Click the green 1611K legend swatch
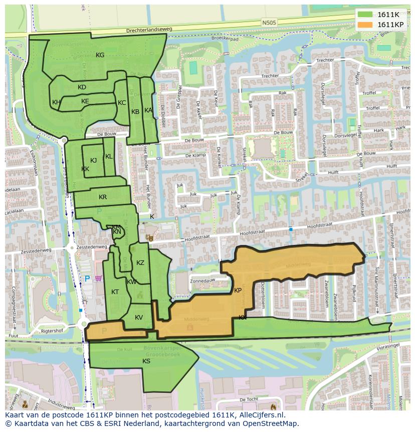tap(365, 15)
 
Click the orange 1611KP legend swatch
tap(365, 25)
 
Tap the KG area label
tap(100, 55)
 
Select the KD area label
tap(82, 87)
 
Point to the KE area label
tap(85, 101)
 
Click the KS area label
tap(146, 361)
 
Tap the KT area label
tap(115, 292)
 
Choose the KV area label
tap(139, 318)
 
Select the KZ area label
tap(140, 263)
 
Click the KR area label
tap(103, 197)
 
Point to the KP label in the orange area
tap(238, 291)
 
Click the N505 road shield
tap(269, 23)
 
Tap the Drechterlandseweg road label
tap(149, 30)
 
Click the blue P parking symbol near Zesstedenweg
tap(87, 278)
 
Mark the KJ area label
tap(93, 161)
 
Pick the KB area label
tap(135, 112)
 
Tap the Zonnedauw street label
tap(203, 281)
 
